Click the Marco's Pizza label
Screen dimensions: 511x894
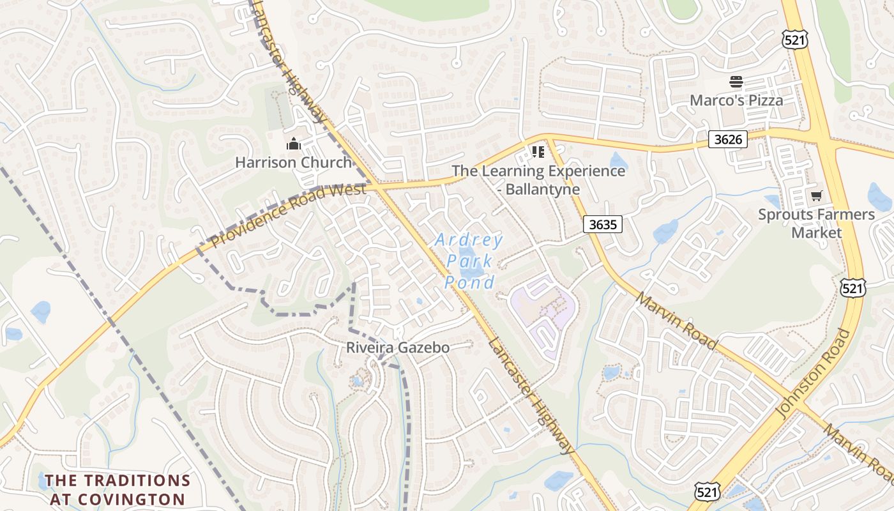[736, 100]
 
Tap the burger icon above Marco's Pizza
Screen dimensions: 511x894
[736, 82]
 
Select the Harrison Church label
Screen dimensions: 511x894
[293, 162]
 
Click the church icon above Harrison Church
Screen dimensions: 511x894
[293, 144]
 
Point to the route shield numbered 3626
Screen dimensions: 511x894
[727, 139]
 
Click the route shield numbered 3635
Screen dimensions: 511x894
[603, 224]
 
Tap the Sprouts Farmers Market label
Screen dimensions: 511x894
[816, 223]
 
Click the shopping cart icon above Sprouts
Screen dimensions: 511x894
[816, 195]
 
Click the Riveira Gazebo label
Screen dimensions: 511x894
[398, 347]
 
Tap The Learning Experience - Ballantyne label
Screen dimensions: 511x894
[538, 179]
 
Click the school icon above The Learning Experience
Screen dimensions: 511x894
[538, 151]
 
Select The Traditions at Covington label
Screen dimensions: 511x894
[117, 489]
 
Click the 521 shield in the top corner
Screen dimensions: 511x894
[795, 40]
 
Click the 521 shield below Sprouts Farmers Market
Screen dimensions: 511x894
[853, 288]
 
